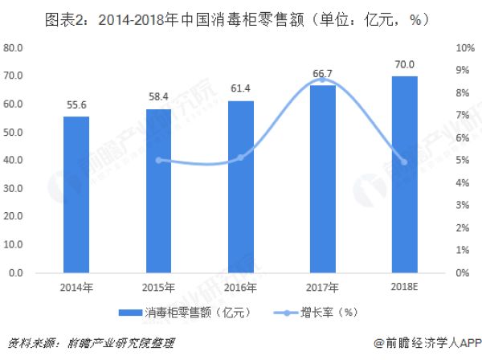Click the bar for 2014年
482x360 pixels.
pyautogui.click(x=76, y=194)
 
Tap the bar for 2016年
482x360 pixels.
pyautogui.click(x=240, y=186)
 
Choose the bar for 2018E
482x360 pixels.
pyautogui.click(x=404, y=174)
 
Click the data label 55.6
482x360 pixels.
pyautogui.click(x=76, y=105)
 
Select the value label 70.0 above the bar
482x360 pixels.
pyautogui.click(x=404, y=64)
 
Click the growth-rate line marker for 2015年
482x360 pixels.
pyautogui.click(x=158, y=160)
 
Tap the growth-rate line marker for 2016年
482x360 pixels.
pyautogui.click(x=240, y=157)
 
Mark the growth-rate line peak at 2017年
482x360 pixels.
pyautogui.click(x=322, y=80)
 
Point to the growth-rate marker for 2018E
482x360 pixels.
pyautogui.click(x=404, y=162)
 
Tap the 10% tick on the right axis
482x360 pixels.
pyautogui.click(x=462, y=47)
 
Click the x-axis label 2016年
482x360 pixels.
pyautogui.click(x=240, y=288)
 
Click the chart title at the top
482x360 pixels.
pyautogui.click(x=240, y=17)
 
